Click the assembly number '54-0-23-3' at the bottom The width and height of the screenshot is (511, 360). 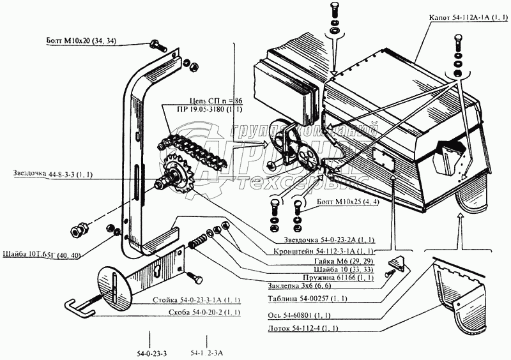pos(151,353)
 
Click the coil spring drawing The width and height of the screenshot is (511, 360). pos(199,241)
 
